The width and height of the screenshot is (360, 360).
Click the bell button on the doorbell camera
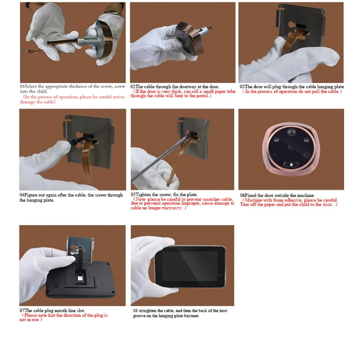pyautogui.click(x=291, y=165)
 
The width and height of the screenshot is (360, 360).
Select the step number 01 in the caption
pyautogui.click(x=22, y=86)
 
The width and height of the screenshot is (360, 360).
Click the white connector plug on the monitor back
pyautogui.click(x=80, y=278)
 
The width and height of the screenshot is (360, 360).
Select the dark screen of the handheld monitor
pyautogui.click(x=190, y=266)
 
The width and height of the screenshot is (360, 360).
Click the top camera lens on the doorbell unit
pyautogui.click(x=291, y=132)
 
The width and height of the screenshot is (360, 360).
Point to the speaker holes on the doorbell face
pyautogui.click(x=306, y=155)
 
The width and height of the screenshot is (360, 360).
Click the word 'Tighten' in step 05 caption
pyautogui.click(x=143, y=195)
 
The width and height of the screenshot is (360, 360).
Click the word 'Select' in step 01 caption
pyautogui.click(x=31, y=86)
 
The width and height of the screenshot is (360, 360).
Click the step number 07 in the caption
pyautogui.click(x=22, y=311)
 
